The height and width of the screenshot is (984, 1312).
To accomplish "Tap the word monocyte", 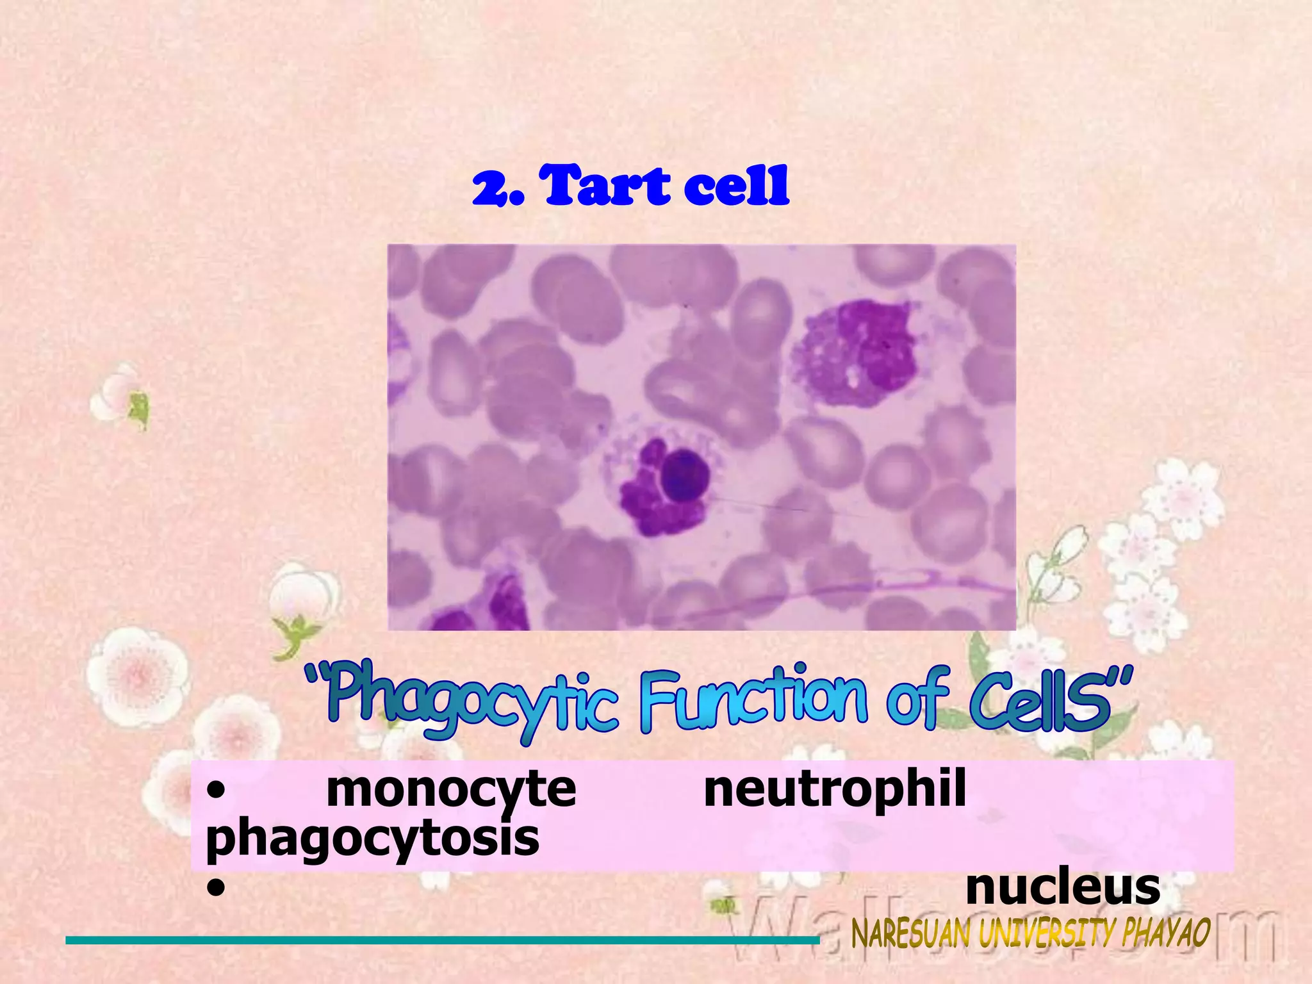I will (451, 789).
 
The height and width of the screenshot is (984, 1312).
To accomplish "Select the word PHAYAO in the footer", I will (1166, 933).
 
